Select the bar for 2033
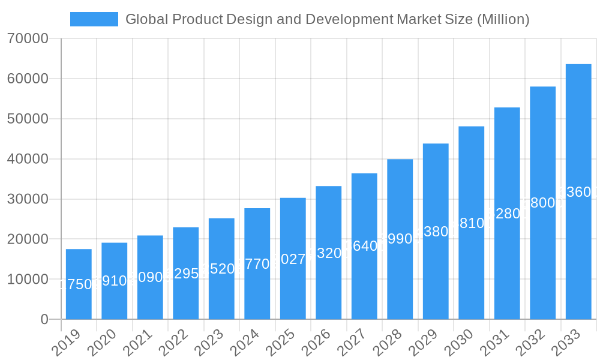coord(578,191)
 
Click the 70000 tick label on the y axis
coord(28,39)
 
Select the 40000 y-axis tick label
coord(28,159)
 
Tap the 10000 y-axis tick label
coord(28,280)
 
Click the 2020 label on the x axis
coord(101,343)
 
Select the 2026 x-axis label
coord(316,343)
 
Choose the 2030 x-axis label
coord(458,343)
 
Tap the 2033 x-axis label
coord(566,343)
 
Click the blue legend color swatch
coord(94,19)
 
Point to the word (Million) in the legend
coord(503,19)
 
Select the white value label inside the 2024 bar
coord(257,264)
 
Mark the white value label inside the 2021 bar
coord(150,277)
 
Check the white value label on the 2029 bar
coord(436,232)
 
